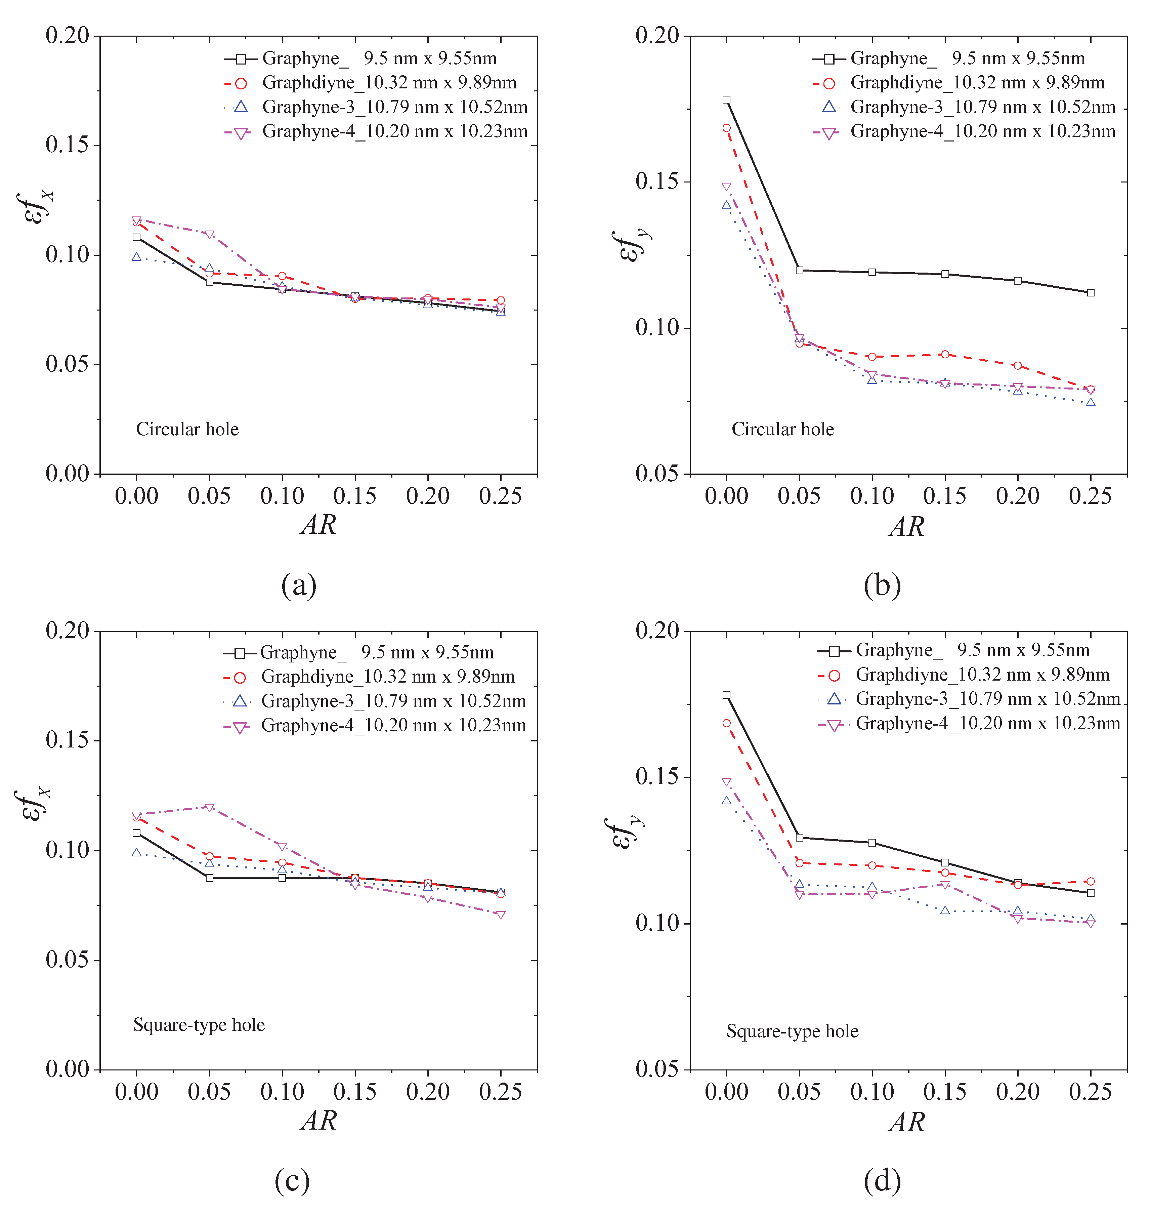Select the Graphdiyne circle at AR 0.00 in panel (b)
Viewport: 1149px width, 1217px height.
click(x=726, y=128)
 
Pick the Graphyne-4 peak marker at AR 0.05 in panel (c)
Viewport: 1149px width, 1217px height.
click(x=209, y=808)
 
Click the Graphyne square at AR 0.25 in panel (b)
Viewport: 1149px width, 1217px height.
click(x=1091, y=293)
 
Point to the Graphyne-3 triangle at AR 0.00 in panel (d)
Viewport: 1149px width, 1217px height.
click(x=726, y=800)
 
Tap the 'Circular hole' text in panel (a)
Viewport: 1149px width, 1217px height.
click(x=187, y=429)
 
